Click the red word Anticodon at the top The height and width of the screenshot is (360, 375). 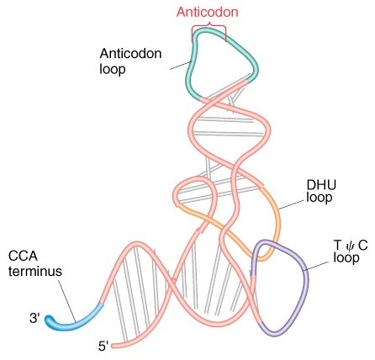click(208, 13)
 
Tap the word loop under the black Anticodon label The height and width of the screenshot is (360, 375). click(112, 69)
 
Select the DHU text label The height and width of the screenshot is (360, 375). click(321, 185)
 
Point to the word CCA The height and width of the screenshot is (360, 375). click(23, 257)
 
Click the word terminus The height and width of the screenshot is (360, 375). click(35, 272)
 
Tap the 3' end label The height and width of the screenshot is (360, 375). click(34, 319)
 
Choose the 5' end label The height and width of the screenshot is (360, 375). click(103, 347)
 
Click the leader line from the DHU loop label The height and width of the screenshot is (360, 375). click(292, 204)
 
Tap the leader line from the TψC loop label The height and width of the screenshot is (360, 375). click(317, 266)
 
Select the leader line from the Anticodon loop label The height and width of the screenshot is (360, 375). click(181, 65)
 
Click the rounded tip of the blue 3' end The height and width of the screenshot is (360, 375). click(49, 320)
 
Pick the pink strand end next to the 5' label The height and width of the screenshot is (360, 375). click(114, 346)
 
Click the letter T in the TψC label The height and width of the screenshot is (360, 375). click(337, 245)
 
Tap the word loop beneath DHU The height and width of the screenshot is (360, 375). click(320, 198)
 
